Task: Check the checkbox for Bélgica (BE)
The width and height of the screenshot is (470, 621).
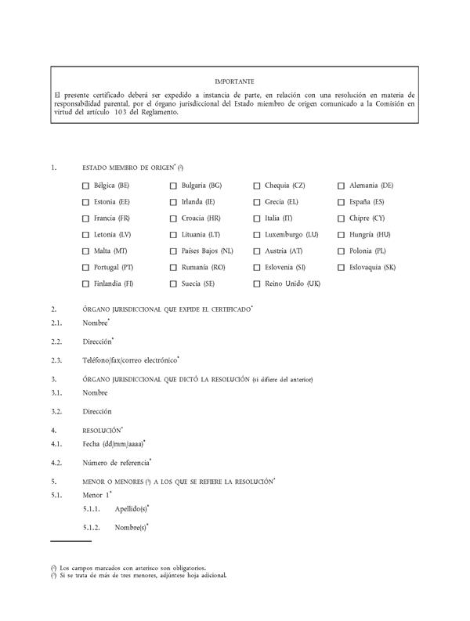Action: click(85, 186)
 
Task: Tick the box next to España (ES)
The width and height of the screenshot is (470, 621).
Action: click(342, 202)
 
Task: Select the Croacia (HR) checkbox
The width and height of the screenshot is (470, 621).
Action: click(173, 218)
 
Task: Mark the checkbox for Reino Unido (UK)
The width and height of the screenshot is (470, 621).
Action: click(257, 283)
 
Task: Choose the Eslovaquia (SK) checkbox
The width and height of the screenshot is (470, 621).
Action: click(342, 267)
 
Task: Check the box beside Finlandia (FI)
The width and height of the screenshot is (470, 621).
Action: click(85, 283)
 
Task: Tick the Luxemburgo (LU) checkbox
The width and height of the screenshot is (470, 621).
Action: click(257, 235)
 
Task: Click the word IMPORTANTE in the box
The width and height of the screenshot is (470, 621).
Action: click(234, 81)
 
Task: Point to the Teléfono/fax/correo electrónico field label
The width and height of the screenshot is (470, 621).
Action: click(129, 360)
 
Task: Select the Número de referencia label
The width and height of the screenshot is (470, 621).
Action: click(115, 462)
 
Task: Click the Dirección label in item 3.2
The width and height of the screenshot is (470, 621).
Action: click(96, 411)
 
